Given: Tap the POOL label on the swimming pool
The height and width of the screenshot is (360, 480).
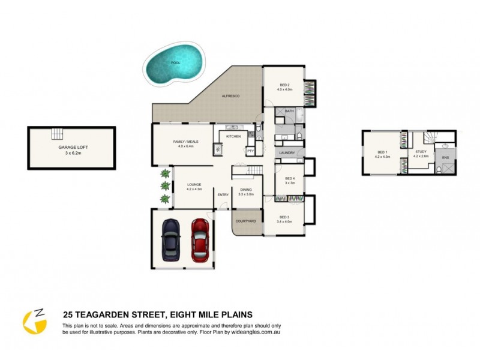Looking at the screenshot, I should [176, 62].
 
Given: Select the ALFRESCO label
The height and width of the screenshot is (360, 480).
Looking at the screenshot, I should [231, 96].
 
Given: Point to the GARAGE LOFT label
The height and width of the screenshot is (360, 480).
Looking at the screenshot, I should [71, 146].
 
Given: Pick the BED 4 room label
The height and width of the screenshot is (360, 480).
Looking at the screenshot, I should [290, 178].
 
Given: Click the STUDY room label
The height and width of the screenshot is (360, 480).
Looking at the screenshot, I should [421, 152].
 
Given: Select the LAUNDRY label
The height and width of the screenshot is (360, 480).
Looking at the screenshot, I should [287, 153].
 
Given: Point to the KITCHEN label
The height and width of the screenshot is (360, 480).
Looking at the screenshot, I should [233, 137].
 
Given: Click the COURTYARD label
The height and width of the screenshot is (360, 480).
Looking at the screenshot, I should [246, 221].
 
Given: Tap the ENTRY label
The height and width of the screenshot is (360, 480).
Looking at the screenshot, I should [223, 194].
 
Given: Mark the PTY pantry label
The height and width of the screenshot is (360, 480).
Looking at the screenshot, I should [250, 151].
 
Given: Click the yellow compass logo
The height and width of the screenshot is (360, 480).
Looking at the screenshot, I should [35, 322].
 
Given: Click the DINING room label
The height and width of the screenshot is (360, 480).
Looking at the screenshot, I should [246, 190].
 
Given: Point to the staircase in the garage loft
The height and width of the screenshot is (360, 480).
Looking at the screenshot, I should [57, 133].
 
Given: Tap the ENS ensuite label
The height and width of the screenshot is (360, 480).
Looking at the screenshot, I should [445, 158].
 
